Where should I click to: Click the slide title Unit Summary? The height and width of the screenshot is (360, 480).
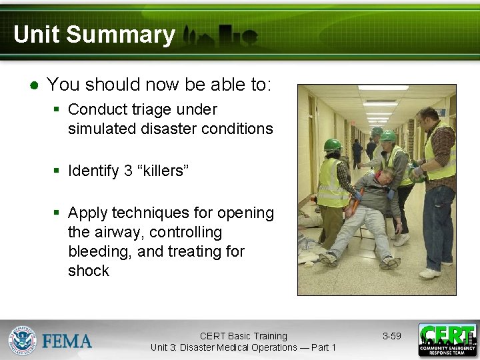[x=94, y=35]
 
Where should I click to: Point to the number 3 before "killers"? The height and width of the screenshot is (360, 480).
[x=128, y=171]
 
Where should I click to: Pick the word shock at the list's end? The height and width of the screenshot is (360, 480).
[x=88, y=271]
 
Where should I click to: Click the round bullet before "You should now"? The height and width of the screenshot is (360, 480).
[x=33, y=85]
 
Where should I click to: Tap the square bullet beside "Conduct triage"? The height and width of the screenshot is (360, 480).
[x=57, y=109]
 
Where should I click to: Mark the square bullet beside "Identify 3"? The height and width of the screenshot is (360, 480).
[x=57, y=171]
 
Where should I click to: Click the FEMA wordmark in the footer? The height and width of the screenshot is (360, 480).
[x=67, y=341]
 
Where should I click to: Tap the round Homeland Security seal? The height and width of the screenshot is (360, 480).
[x=22, y=340]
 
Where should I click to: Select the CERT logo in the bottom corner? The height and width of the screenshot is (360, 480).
[x=447, y=340]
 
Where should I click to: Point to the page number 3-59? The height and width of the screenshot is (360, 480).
[x=391, y=336]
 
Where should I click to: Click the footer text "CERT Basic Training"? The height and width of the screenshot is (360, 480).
[x=243, y=336]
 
